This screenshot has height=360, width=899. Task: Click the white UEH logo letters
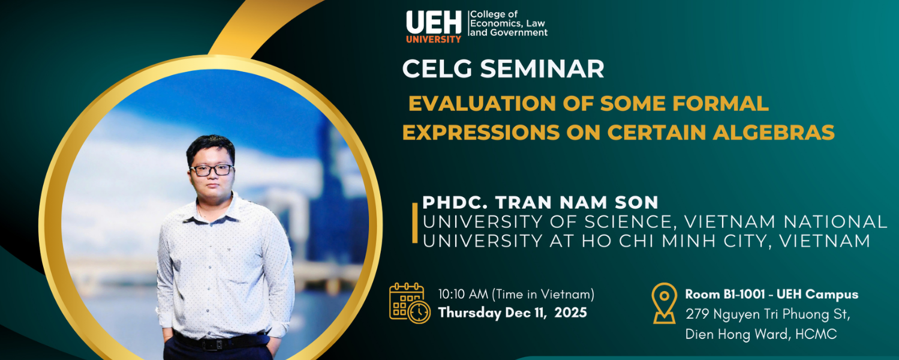(434, 23)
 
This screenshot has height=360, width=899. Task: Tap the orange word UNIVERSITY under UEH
(434, 39)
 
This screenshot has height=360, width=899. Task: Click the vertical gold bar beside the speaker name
(415, 223)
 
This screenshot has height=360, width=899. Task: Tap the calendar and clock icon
(410, 303)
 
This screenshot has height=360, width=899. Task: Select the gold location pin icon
(664, 303)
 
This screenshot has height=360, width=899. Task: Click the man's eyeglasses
(212, 170)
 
